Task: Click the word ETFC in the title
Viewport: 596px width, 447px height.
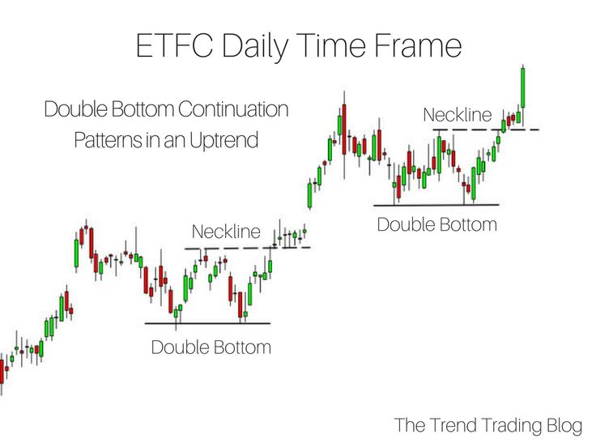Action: [174, 45]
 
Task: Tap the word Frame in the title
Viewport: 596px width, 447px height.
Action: [417, 45]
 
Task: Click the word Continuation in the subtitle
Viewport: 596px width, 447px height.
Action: [233, 109]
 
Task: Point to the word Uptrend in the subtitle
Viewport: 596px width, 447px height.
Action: [223, 141]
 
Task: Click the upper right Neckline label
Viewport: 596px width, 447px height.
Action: [458, 115]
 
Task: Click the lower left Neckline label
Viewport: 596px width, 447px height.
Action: [226, 232]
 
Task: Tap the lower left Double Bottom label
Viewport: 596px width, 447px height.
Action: [211, 347]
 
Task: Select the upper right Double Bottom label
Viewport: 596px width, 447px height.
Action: [437, 224]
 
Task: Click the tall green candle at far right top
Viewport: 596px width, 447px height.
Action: [523, 87]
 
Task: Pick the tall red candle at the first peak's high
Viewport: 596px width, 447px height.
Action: [344, 130]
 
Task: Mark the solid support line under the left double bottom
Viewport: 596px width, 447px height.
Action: [207, 323]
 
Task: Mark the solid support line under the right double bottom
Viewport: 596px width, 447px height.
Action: [436, 205]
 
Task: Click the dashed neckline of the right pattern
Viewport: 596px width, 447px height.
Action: [486, 130]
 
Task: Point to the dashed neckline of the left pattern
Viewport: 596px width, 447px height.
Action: [248, 249]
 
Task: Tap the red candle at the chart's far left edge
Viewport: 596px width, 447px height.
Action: [2, 372]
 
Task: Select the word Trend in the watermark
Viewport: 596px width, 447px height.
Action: [451, 425]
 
